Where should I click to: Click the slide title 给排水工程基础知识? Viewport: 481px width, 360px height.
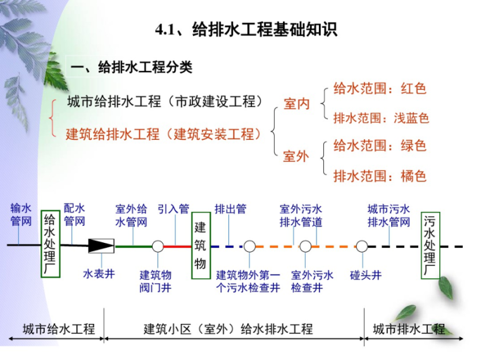[246, 30]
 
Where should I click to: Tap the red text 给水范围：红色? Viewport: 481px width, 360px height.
[380, 89]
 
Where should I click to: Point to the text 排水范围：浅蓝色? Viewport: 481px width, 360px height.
[381, 118]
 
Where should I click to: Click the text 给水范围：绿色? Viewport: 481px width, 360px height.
[380, 146]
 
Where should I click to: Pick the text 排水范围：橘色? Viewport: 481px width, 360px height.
[380, 175]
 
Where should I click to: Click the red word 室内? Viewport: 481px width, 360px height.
[296, 104]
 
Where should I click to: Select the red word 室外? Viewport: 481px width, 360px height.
[296, 156]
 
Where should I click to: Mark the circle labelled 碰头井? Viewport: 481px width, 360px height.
[362, 246]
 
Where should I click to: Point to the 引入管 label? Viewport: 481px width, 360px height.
[173, 209]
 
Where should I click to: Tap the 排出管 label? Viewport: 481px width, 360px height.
[230, 209]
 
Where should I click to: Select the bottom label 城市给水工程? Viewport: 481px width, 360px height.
[58, 329]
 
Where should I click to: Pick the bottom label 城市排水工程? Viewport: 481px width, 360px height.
[409, 329]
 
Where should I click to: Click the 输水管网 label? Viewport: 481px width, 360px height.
[21, 214]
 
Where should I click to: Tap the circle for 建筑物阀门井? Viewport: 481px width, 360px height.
[158, 246]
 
